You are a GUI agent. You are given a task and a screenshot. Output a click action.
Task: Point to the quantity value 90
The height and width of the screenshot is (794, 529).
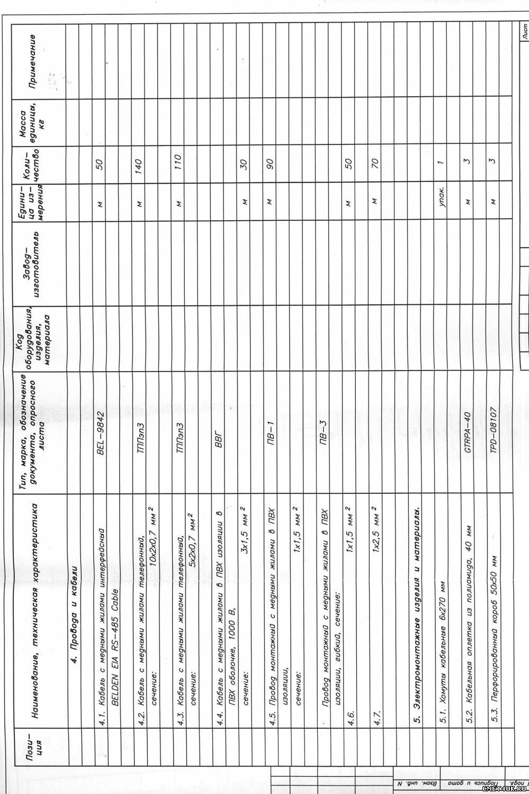click(268, 166)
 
